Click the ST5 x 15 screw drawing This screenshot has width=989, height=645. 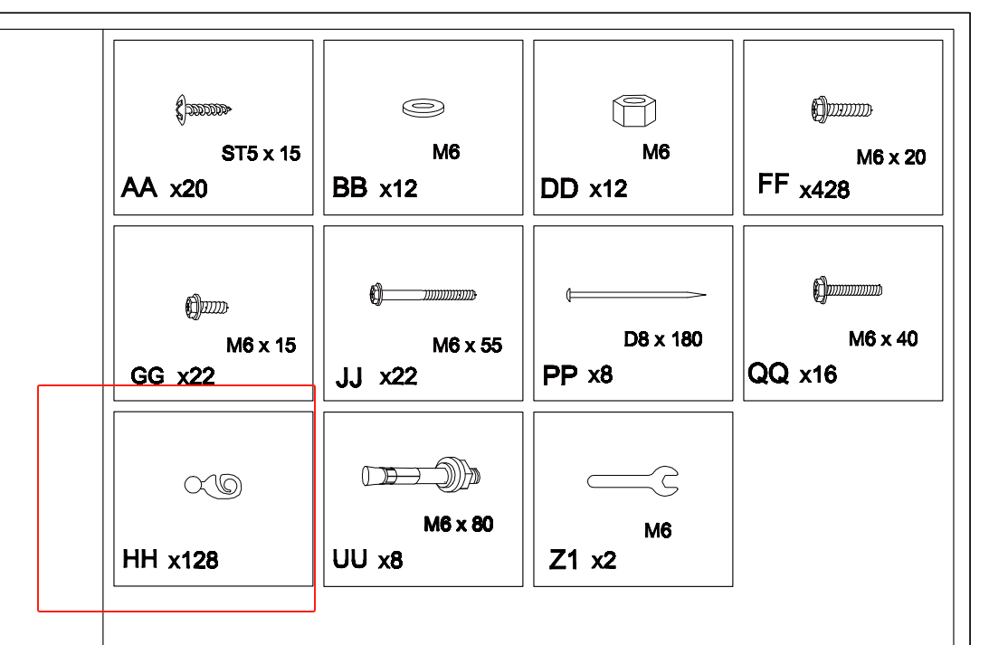click(x=203, y=109)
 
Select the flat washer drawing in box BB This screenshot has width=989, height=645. click(x=423, y=108)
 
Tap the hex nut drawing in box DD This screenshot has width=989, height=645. click(x=634, y=110)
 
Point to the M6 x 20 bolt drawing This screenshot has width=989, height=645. click(x=842, y=109)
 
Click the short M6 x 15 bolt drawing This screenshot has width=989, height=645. click(x=207, y=307)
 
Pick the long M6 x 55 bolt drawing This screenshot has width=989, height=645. click(x=423, y=294)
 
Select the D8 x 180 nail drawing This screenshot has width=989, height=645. click(x=636, y=294)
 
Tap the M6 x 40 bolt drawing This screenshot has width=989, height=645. click(x=848, y=290)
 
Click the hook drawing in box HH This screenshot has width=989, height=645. click(x=214, y=486)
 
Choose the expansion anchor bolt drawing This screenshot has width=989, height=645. click(x=422, y=475)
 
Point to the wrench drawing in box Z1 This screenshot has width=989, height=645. click(x=632, y=481)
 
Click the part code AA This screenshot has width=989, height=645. click(x=138, y=187)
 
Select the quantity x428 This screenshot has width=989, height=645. click(x=824, y=190)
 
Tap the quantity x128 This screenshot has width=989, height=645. click(x=193, y=560)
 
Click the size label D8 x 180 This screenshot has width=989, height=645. click(x=663, y=339)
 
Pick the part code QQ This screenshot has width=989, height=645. click(x=768, y=373)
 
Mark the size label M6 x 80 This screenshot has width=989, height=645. click(x=459, y=524)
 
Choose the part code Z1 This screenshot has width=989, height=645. click(x=564, y=560)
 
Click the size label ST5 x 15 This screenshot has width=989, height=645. click(x=262, y=153)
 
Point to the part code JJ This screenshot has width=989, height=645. click(x=348, y=377)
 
